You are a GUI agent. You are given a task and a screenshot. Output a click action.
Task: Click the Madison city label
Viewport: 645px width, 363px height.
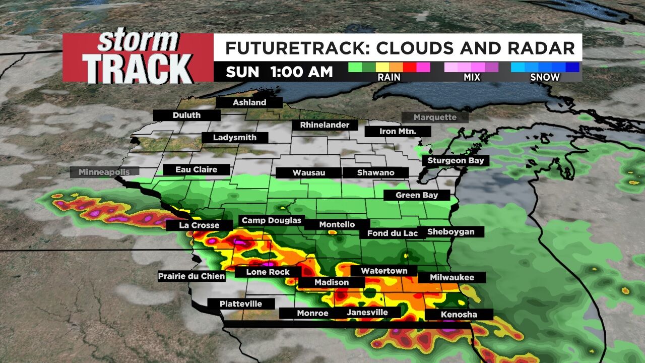point(332,282)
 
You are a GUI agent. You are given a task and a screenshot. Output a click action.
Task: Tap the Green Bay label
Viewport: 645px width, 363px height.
point(416,195)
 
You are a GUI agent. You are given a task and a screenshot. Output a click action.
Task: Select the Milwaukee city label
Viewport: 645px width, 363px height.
point(451,277)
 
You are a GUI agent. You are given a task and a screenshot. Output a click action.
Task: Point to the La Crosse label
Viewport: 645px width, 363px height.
point(199,225)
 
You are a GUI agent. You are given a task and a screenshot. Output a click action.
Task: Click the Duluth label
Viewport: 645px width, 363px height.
point(186,115)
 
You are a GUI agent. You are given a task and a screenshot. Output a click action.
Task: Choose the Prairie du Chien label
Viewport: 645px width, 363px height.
point(191,276)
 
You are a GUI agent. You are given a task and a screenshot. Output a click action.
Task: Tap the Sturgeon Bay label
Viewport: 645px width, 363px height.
point(456,160)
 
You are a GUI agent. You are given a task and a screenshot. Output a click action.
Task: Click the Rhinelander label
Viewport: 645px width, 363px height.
point(321,125)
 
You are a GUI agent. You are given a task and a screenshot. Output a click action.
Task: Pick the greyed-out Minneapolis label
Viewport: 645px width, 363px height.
point(104,172)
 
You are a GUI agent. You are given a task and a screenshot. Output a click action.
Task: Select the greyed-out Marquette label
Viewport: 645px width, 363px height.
point(435,117)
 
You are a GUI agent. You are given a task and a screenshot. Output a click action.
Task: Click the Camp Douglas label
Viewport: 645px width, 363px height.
point(271,220)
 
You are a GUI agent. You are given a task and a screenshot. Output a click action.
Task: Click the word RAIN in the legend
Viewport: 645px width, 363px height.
point(389,77)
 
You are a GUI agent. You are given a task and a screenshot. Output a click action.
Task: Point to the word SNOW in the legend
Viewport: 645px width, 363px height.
point(545,77)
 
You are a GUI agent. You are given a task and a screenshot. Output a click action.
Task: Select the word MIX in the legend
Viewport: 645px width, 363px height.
point(472,77)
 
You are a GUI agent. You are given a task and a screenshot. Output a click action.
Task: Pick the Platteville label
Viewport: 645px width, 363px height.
point(241,304)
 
